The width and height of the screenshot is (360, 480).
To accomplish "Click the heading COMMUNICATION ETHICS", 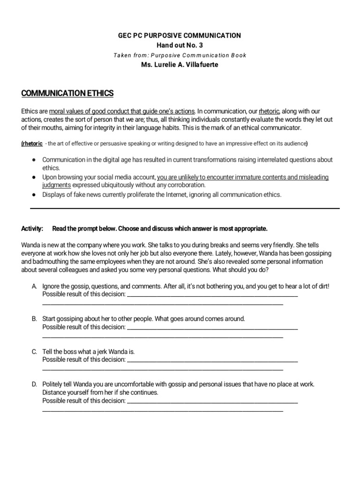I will click(67, 94).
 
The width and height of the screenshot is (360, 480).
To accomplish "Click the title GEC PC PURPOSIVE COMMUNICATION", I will click(180, 35).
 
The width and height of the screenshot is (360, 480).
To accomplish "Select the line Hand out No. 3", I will click(180, 45).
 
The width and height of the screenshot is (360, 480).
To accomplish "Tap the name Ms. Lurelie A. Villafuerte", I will click(180, 65).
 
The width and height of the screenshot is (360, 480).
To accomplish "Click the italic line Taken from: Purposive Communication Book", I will click(180, 55).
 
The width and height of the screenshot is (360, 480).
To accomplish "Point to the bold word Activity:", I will click(32, 229).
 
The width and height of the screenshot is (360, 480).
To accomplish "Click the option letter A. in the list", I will click(35, 286).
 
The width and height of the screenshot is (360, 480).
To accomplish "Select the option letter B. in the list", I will click(35, 319).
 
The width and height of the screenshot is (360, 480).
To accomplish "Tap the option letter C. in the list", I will click(35, 352).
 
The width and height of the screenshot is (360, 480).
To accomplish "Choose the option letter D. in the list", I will click(35, 384).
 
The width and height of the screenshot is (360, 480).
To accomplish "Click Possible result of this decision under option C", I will click(84, 360).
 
